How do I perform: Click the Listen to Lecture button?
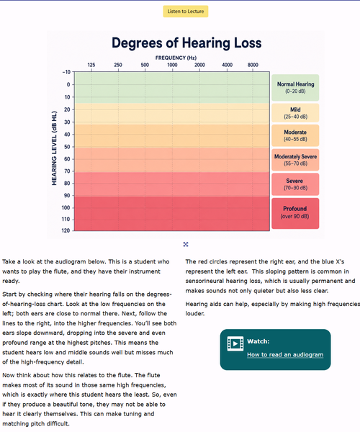point(185,12)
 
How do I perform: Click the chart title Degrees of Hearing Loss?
point(186,43)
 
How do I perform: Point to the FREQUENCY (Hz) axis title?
point(176,58)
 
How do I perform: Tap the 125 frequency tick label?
point(91,65)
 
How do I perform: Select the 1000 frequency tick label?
point(172,65)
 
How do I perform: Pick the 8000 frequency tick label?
point(253,65)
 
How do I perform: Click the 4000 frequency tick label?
point(227,65)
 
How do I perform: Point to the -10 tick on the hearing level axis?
point(66,72)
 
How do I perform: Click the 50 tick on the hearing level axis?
point(67,147)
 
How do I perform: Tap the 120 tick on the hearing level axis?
point(66,230)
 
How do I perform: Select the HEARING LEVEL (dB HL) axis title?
point(54,148)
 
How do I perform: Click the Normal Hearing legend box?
point(295,88)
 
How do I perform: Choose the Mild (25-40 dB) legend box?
point(295,113)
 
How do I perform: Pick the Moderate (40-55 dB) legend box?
point(295,135)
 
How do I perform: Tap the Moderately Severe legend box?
point(295,160)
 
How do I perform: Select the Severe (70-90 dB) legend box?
point(295,184)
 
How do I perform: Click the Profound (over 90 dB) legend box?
point(295,213)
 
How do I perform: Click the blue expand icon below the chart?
point(186,244)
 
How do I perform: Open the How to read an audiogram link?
point(285,354)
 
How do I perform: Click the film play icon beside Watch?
point(235,343)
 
